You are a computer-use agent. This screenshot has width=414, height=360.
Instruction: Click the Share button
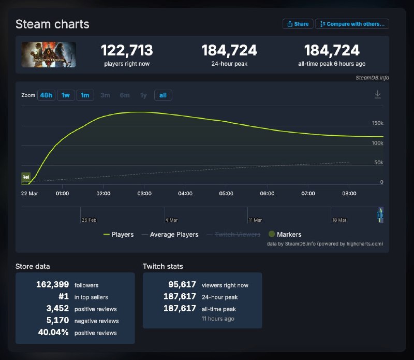coord(298,24)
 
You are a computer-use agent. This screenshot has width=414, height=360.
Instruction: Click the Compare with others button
coord(352,24)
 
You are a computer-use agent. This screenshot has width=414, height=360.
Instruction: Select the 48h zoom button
coord(46,95)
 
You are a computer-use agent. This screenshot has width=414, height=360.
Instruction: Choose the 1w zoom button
coord(66,95)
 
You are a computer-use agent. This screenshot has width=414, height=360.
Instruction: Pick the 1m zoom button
coord(85,95)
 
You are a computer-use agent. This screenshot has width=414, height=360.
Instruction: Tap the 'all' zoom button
coord(163,95)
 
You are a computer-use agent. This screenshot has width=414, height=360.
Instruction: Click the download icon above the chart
coord(378,94)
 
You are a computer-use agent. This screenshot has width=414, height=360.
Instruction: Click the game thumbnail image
coord(49,54)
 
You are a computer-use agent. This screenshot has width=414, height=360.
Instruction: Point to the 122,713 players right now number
coord(127,50)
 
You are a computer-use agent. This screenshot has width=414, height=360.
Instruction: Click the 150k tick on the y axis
coord(377,123)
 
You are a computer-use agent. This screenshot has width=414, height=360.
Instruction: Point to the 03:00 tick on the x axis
coord(144,193)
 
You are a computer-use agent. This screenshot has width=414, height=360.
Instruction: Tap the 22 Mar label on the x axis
coord(29,193)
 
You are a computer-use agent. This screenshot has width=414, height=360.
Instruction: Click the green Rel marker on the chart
coord(26,177)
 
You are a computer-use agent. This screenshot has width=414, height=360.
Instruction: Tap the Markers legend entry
coord(285,235)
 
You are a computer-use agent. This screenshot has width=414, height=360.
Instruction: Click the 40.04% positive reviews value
coord(53,333)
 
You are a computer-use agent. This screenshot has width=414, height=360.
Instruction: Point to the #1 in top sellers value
coord(62,297)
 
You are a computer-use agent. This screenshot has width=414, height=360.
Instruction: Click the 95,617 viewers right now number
coord(182,285)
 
